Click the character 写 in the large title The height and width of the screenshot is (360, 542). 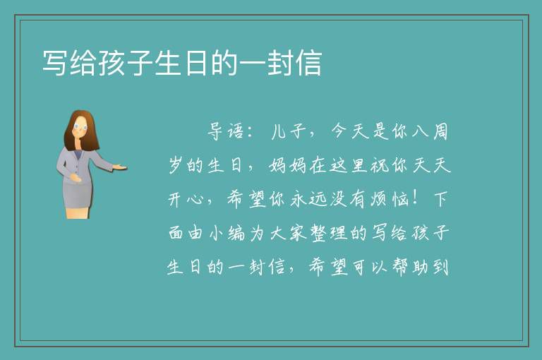(54, 63)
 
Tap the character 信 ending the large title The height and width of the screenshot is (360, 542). (309, 63)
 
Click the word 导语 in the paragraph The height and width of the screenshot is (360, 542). (226, 131)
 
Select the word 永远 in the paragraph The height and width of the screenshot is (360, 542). (302, 199)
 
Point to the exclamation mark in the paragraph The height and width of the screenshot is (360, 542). (415, 199)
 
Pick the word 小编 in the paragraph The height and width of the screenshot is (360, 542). (227, 233)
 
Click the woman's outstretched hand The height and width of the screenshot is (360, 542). (120, 167)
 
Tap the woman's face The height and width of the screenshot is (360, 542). (80, 127)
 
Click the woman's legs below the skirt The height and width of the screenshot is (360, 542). (78, 212)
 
